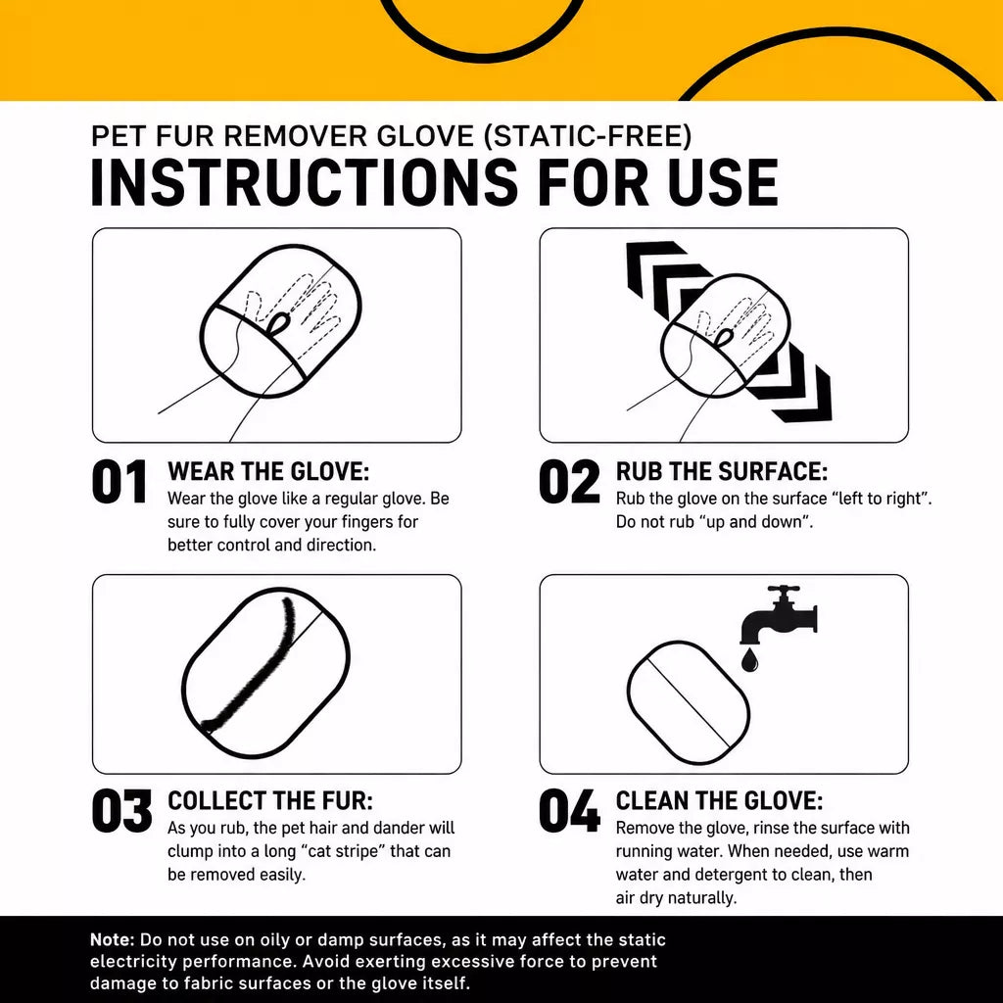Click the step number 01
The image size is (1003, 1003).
tap(119, 482)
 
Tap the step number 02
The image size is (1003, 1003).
tap(569, 482)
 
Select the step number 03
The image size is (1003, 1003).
tap(121, 811)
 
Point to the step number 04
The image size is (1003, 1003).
tap(569, 811)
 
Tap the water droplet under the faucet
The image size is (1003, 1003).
tap(749, 659)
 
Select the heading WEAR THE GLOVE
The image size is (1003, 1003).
tap(268, 471)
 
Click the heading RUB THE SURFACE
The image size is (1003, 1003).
tap(722, 471)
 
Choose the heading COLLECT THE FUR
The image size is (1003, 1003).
tap(270, 801)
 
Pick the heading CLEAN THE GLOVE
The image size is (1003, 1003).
tap(719, 801)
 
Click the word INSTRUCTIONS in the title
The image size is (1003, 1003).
tap(304, 182)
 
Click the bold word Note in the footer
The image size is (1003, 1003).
tap(112, 939)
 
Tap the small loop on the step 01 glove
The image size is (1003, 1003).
tap(277, 322)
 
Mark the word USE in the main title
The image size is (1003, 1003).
tap(723, 182)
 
